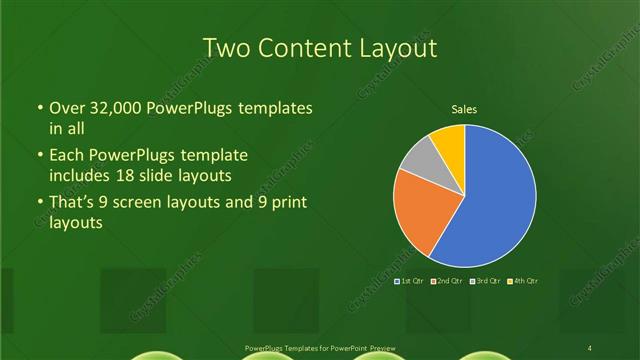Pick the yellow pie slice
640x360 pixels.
(x=449, y=140)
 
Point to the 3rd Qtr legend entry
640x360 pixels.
(x=487, y=281)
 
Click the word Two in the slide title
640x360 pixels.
(x=226, y=47)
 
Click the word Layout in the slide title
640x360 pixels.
(x=401, y=47)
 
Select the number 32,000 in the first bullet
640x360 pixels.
(x=113, y=107)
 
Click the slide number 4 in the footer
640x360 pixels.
(x=590, y=347)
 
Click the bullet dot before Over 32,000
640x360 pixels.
(x=39, y=108)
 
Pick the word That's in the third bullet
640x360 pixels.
(x=73, y=204)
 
